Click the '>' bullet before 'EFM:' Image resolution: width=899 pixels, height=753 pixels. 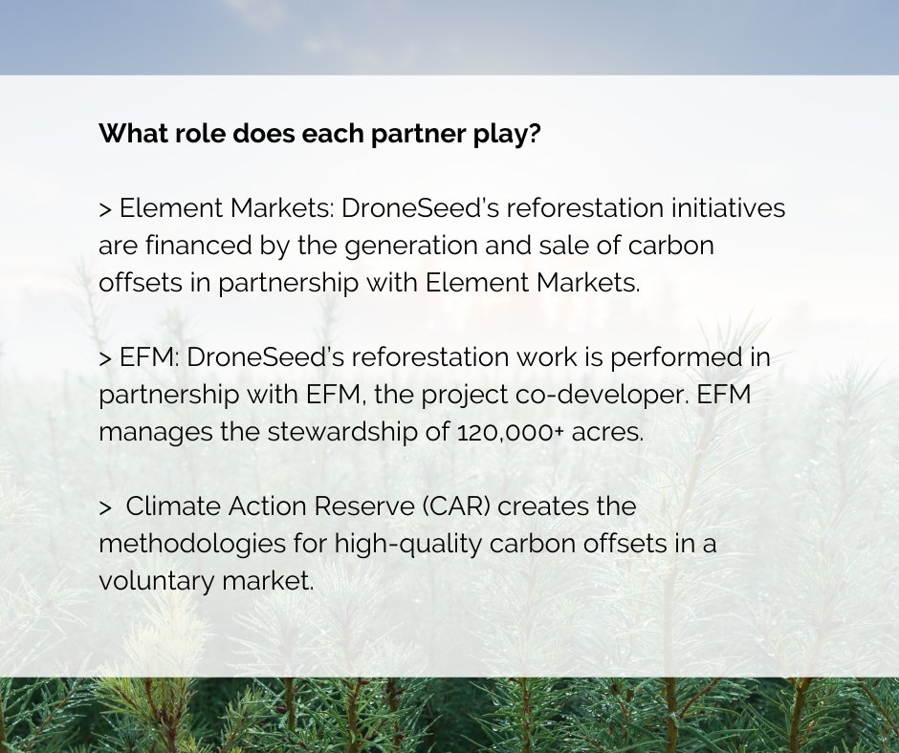coord(105,357)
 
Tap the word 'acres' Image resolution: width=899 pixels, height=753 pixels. coord(608,431)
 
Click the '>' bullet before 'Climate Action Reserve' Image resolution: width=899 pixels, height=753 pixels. coord(105,506)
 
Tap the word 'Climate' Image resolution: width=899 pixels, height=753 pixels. coord(166,506)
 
